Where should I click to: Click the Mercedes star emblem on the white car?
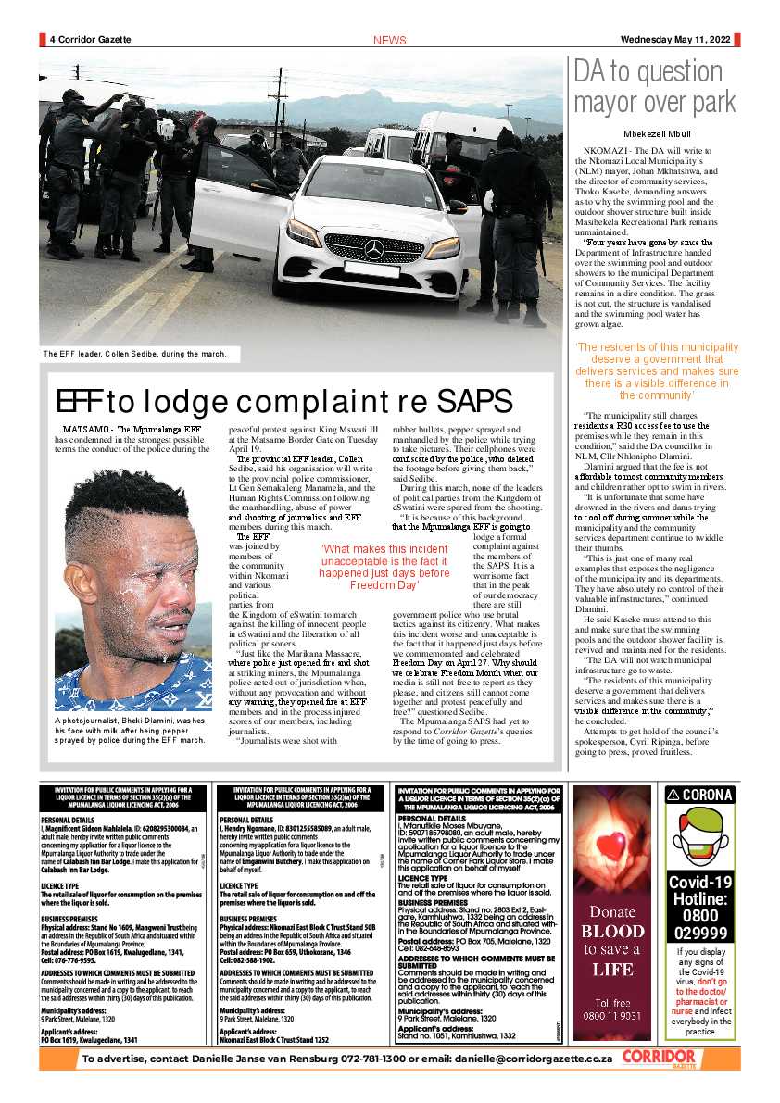pos(373,248)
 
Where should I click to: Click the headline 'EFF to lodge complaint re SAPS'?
pos(283,401)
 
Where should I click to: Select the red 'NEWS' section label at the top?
pos(389,41)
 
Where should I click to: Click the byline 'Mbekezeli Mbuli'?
pos(657,133)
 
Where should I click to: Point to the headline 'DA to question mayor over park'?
pos(655,86)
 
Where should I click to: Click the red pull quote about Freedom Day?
pos(371,567)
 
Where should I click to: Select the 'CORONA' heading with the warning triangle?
pos(700,795)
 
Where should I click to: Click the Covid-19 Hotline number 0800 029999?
pos(700,911)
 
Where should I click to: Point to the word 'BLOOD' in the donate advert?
pos(612,931)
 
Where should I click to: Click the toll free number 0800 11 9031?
pos(612,1015)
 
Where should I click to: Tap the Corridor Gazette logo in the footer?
pos(659,1059)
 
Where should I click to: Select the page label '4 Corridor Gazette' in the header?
pos(90,40)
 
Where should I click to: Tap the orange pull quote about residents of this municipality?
pos(657,371)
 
